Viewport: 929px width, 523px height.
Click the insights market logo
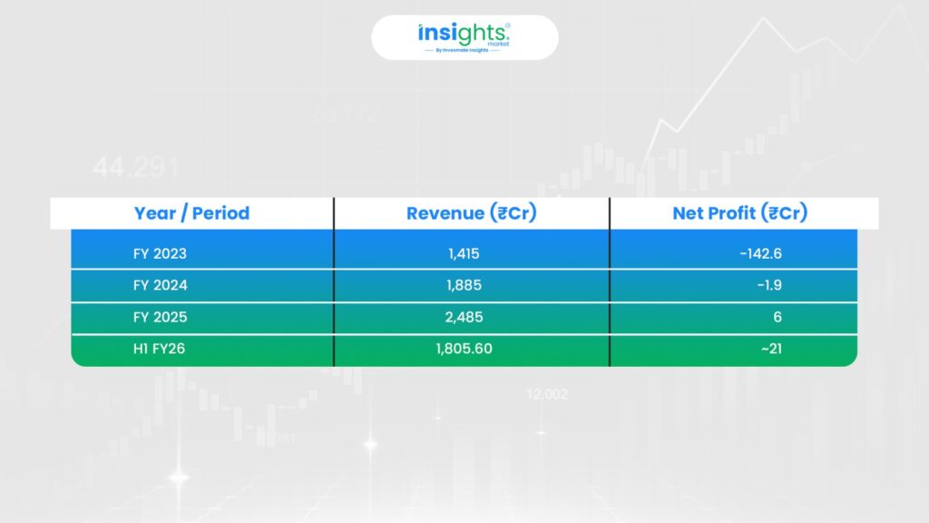[x=464, y=37]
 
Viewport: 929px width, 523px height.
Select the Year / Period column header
[x=191, y=212]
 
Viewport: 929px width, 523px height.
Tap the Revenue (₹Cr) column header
[x=471, y=212]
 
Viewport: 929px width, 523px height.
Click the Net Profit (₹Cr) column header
[x=739, y=212]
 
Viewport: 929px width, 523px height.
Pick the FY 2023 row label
[x=160, y=254]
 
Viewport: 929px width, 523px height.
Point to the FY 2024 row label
[x=160, y=285]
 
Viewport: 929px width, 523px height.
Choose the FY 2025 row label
[x=160, y=317]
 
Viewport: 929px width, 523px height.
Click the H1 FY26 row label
[x=159, y=349]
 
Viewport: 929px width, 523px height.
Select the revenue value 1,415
[x=464, y=254]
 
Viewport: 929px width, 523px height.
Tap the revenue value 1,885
[x=464, y=285]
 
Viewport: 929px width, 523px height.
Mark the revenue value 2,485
[x=464, y=317]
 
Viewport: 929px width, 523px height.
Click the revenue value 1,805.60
[x=464, y=349]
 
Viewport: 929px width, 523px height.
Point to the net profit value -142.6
[x=761, y=254]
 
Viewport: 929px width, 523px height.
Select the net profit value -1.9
[x=769, y=285]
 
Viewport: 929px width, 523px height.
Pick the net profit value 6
[x=777, y=317]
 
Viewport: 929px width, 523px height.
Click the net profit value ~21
[x=771, y=349]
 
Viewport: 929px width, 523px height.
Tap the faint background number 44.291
[x=136, y=167]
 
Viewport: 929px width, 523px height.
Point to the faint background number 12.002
[x=547, y=394]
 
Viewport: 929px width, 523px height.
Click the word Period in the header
[x=220, y=212]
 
